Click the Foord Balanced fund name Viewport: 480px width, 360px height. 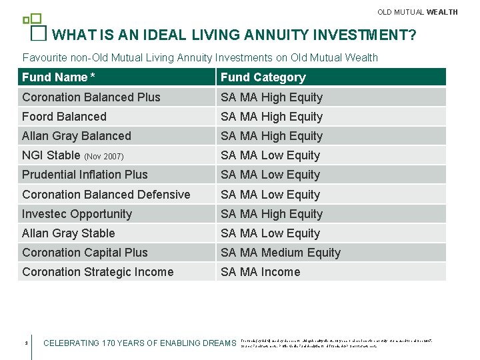point(64,117)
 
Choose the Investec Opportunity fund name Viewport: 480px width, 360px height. point(77,214)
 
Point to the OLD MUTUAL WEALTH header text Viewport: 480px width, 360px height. point(417,12)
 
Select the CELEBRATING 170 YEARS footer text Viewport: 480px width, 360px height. point(139,343)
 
